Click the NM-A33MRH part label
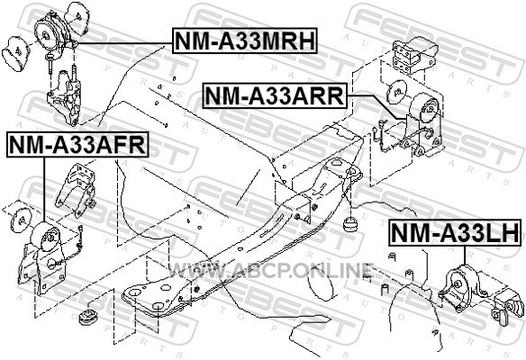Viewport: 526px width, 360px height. [x=245, y=40]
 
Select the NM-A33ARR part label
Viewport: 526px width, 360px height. [x=275, y=96]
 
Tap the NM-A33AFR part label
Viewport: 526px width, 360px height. [x=77, y=145]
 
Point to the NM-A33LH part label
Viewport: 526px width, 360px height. [x=455, y=233]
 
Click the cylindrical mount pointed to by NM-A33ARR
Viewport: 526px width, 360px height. [x=424, y=109]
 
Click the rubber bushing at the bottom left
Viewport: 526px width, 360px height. [x=88, y=317]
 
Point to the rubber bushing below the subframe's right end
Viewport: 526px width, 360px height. [x=351, y=224]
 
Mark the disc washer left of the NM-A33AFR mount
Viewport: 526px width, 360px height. [x=21, y=220]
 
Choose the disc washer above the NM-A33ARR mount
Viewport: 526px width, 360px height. [x=397, y=91]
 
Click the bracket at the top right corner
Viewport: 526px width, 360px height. [x=413, y=54]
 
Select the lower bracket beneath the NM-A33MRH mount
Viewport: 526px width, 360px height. [x=65, y=98]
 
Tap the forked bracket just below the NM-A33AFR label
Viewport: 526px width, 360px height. [x=77, y=189]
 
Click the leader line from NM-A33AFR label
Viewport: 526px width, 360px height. [x=44, y=189]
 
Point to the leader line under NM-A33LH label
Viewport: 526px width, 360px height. [x=464, y=256]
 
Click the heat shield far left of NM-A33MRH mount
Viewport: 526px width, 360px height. [x=15, y=54]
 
